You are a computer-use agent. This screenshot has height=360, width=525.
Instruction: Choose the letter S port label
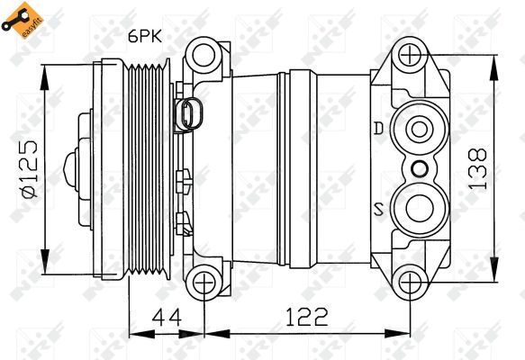click(x=379, y=210)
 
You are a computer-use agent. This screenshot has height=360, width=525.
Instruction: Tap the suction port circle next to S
click(x=417, y=210)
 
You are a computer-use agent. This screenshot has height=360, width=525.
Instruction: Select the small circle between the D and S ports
click(x=418, y=168)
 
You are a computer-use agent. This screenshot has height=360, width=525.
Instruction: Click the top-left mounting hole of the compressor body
click(x=205, y=55)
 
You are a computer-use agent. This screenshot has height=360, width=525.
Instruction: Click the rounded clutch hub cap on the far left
click(x=72, y=168)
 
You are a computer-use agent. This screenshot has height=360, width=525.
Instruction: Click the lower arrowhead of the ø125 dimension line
click(x=46, y=252)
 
